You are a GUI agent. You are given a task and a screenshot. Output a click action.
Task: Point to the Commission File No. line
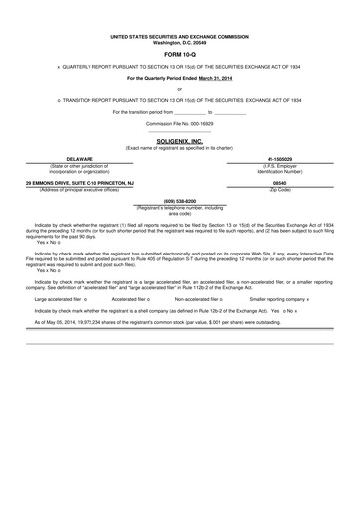click(180, 122)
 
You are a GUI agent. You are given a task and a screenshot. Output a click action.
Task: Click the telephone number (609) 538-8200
click(180, 200)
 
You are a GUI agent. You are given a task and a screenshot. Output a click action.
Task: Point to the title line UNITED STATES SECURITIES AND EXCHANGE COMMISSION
click(180, 35)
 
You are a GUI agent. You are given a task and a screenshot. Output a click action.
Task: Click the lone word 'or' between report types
click(180, 90)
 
